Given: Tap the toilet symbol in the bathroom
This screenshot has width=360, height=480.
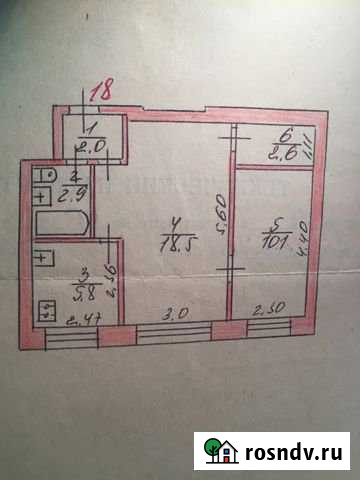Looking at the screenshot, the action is tap(43, 176).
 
